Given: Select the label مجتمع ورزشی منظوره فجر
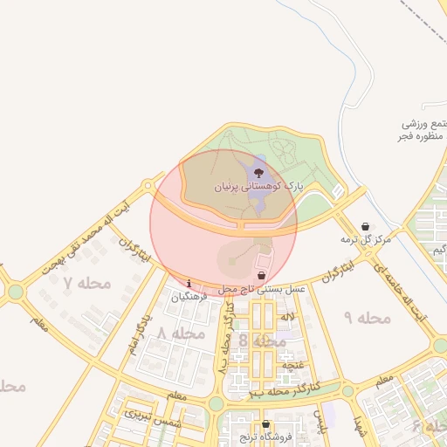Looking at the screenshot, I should [x=423, y=129].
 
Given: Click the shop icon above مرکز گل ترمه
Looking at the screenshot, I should [x=365, y=226].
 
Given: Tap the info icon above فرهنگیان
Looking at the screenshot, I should [x=189, y=283].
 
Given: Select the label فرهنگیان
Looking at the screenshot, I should [x=190, y=296].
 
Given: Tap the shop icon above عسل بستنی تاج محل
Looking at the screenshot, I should [x=261, y=275].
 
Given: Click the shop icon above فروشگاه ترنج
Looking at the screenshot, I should [x=265, y=424].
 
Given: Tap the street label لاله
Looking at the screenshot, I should [x=286, y=315].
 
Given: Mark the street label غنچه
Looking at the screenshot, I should [x=293, y=364].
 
